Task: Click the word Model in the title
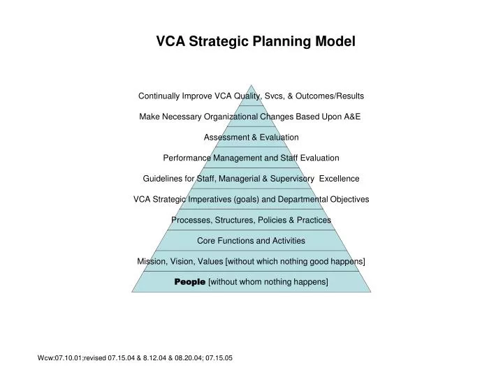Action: pyautogui.click(x=335, y=41)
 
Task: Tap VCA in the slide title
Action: pyautogui.click(x=170, y=41)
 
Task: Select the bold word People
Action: pyautogui.click(x=190, y=282)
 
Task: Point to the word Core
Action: pyautogui.click(x=206, y=240)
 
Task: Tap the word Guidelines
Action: pyautogui.click(x=163, y=179)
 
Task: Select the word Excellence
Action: pyautogui.click(x=339, y=179)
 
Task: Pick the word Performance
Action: pyautogui.click(x=187, y=158)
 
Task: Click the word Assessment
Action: pyautogui.click(x=226, y=138)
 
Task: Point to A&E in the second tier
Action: pyautogui.click(x=352, y=117)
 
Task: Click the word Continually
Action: pyautogui.click(x=159, y=96)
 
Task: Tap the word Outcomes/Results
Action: pyautogui.click(x=330, y=96)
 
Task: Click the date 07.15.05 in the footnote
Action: pyautogui.click(x=219, y=358)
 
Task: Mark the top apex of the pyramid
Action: pyautogui.click(x=251, y=85)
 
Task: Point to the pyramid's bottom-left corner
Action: pyautogui.click(x=132, y=292)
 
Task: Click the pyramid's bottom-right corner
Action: pyautogui.click(x=371, y=292)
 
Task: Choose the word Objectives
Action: pyautogui.click(x=349, y=200)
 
